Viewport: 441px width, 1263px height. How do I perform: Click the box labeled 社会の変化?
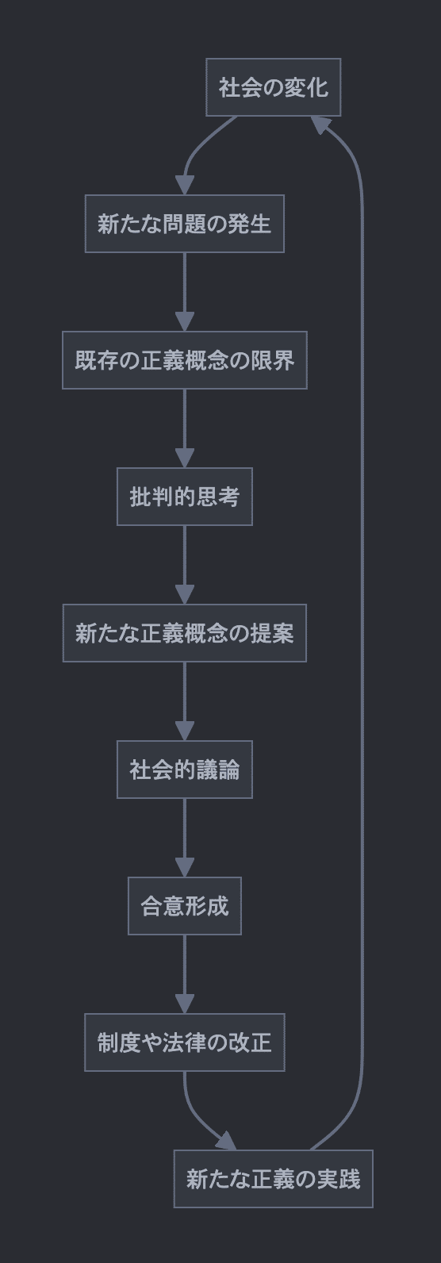[x=273, y=87]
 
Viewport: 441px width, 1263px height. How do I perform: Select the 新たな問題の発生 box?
[x=184, y=224]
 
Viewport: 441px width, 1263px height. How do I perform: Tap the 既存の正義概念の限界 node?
[x=184, y=360]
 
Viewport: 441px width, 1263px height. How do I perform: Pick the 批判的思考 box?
[x=184, y=497]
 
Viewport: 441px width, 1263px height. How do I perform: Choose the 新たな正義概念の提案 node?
[x=184, y=633]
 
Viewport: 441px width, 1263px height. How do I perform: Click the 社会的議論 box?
[x=184, y=770]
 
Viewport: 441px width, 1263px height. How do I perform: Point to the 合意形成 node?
[x=184, y=906]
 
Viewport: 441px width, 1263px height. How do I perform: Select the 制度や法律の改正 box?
[x=184, y=1042]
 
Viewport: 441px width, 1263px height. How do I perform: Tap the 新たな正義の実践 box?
[x=273, y=1179]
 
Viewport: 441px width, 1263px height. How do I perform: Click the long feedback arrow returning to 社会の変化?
[x=362, y=635]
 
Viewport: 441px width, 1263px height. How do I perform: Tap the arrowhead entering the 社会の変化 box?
[x=319, y=124]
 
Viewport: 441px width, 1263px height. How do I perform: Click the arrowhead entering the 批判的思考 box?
[x=184, y=459]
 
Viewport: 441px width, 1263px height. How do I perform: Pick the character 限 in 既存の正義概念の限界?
[x=261, y=360]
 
